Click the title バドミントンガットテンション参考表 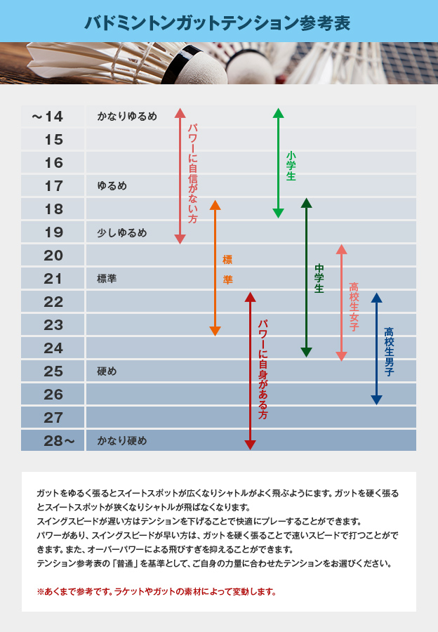[218, 22]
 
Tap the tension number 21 [53, 279]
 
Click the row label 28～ [53, 441]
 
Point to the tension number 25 [53, 371]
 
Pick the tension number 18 [53, 209]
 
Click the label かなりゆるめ [127, 117]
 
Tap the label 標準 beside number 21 [107, 279]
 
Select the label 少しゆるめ [122, 232]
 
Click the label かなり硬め [122, 441]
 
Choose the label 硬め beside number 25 [107, 371]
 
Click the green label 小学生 [291, 166]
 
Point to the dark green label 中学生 [319, 278]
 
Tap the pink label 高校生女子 [354, 307]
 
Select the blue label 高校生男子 [389, 352]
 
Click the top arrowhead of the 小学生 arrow [278, 113]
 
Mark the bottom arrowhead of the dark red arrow [250, 445]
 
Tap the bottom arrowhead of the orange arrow [215, 331]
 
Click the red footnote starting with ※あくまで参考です [157, 591]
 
